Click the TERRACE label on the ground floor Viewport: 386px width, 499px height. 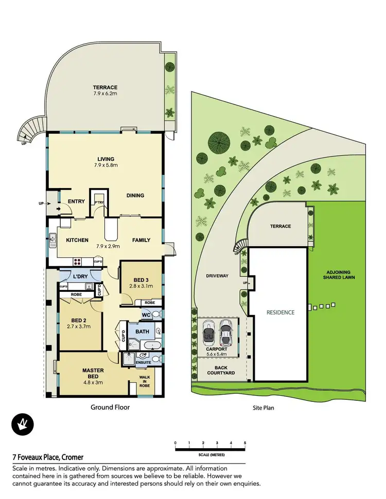(105, 87)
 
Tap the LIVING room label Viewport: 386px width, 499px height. (106, 159)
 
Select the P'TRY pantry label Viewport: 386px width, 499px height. (98, 202)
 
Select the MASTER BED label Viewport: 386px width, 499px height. (93, 374)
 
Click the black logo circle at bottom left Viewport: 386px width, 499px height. (22, 425)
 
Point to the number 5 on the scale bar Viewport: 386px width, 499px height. (245, 442)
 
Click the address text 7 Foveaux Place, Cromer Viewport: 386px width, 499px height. (48, 457)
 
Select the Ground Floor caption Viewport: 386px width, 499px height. (110, 408)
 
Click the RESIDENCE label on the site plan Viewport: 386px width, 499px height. (280, 312)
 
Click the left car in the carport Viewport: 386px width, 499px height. (208, 333)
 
